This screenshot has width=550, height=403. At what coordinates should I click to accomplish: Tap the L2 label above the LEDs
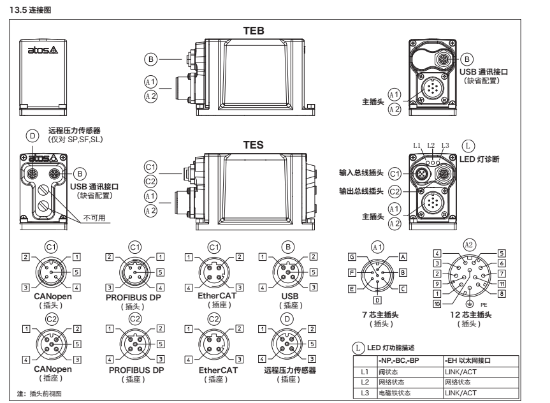click(x=431, y=146)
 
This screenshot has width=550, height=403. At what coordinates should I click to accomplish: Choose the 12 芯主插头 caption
click(x=472, y=314)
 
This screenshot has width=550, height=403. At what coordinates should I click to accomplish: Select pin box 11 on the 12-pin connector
click(x=502, y=282)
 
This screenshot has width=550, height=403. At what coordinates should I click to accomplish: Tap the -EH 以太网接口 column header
click(x=473, y=360)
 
